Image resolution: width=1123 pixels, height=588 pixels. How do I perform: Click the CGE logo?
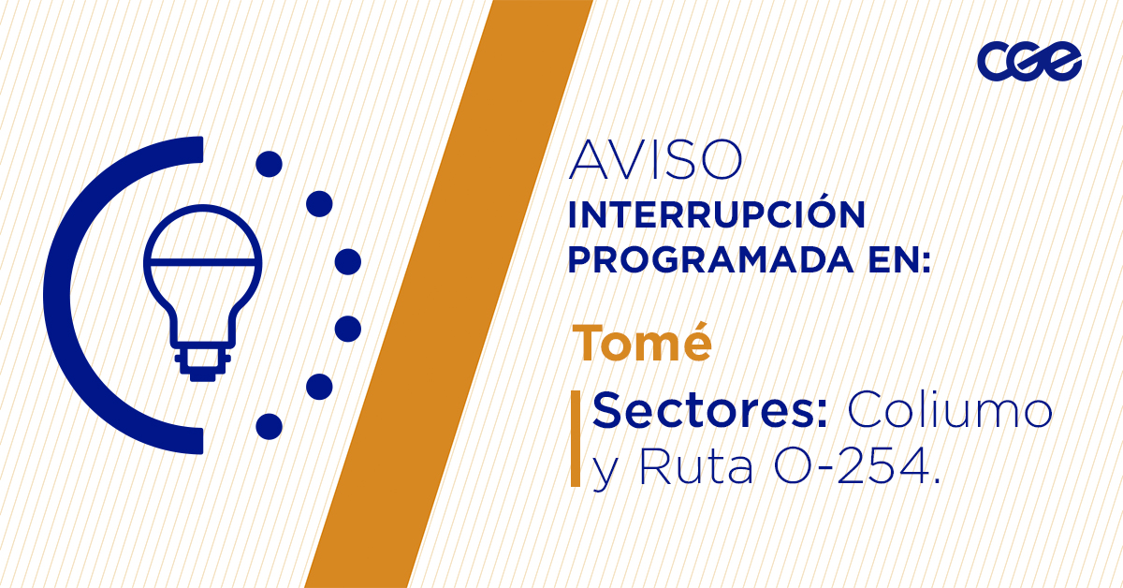1029,61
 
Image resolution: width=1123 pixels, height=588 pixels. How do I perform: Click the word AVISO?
655,159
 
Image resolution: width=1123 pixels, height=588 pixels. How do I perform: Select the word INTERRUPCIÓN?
717,214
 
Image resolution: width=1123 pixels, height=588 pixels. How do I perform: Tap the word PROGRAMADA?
710,260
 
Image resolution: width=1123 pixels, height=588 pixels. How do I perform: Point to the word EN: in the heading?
899,260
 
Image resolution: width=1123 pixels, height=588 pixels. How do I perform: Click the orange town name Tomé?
642,344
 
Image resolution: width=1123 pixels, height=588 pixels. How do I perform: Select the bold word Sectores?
709,410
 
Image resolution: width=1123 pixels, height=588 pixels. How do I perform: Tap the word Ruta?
696,466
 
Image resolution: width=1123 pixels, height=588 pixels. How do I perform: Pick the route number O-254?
856,466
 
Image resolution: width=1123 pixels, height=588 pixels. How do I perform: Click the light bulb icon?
203,292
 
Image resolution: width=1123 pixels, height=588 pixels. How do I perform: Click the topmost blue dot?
270,164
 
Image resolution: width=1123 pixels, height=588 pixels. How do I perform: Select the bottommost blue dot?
270,426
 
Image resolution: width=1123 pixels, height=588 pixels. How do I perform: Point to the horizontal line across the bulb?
203,262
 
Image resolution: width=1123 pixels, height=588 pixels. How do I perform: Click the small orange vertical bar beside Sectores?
576,438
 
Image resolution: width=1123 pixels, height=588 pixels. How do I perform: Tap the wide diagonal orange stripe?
448,294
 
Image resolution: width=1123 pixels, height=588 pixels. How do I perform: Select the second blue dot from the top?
319,204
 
